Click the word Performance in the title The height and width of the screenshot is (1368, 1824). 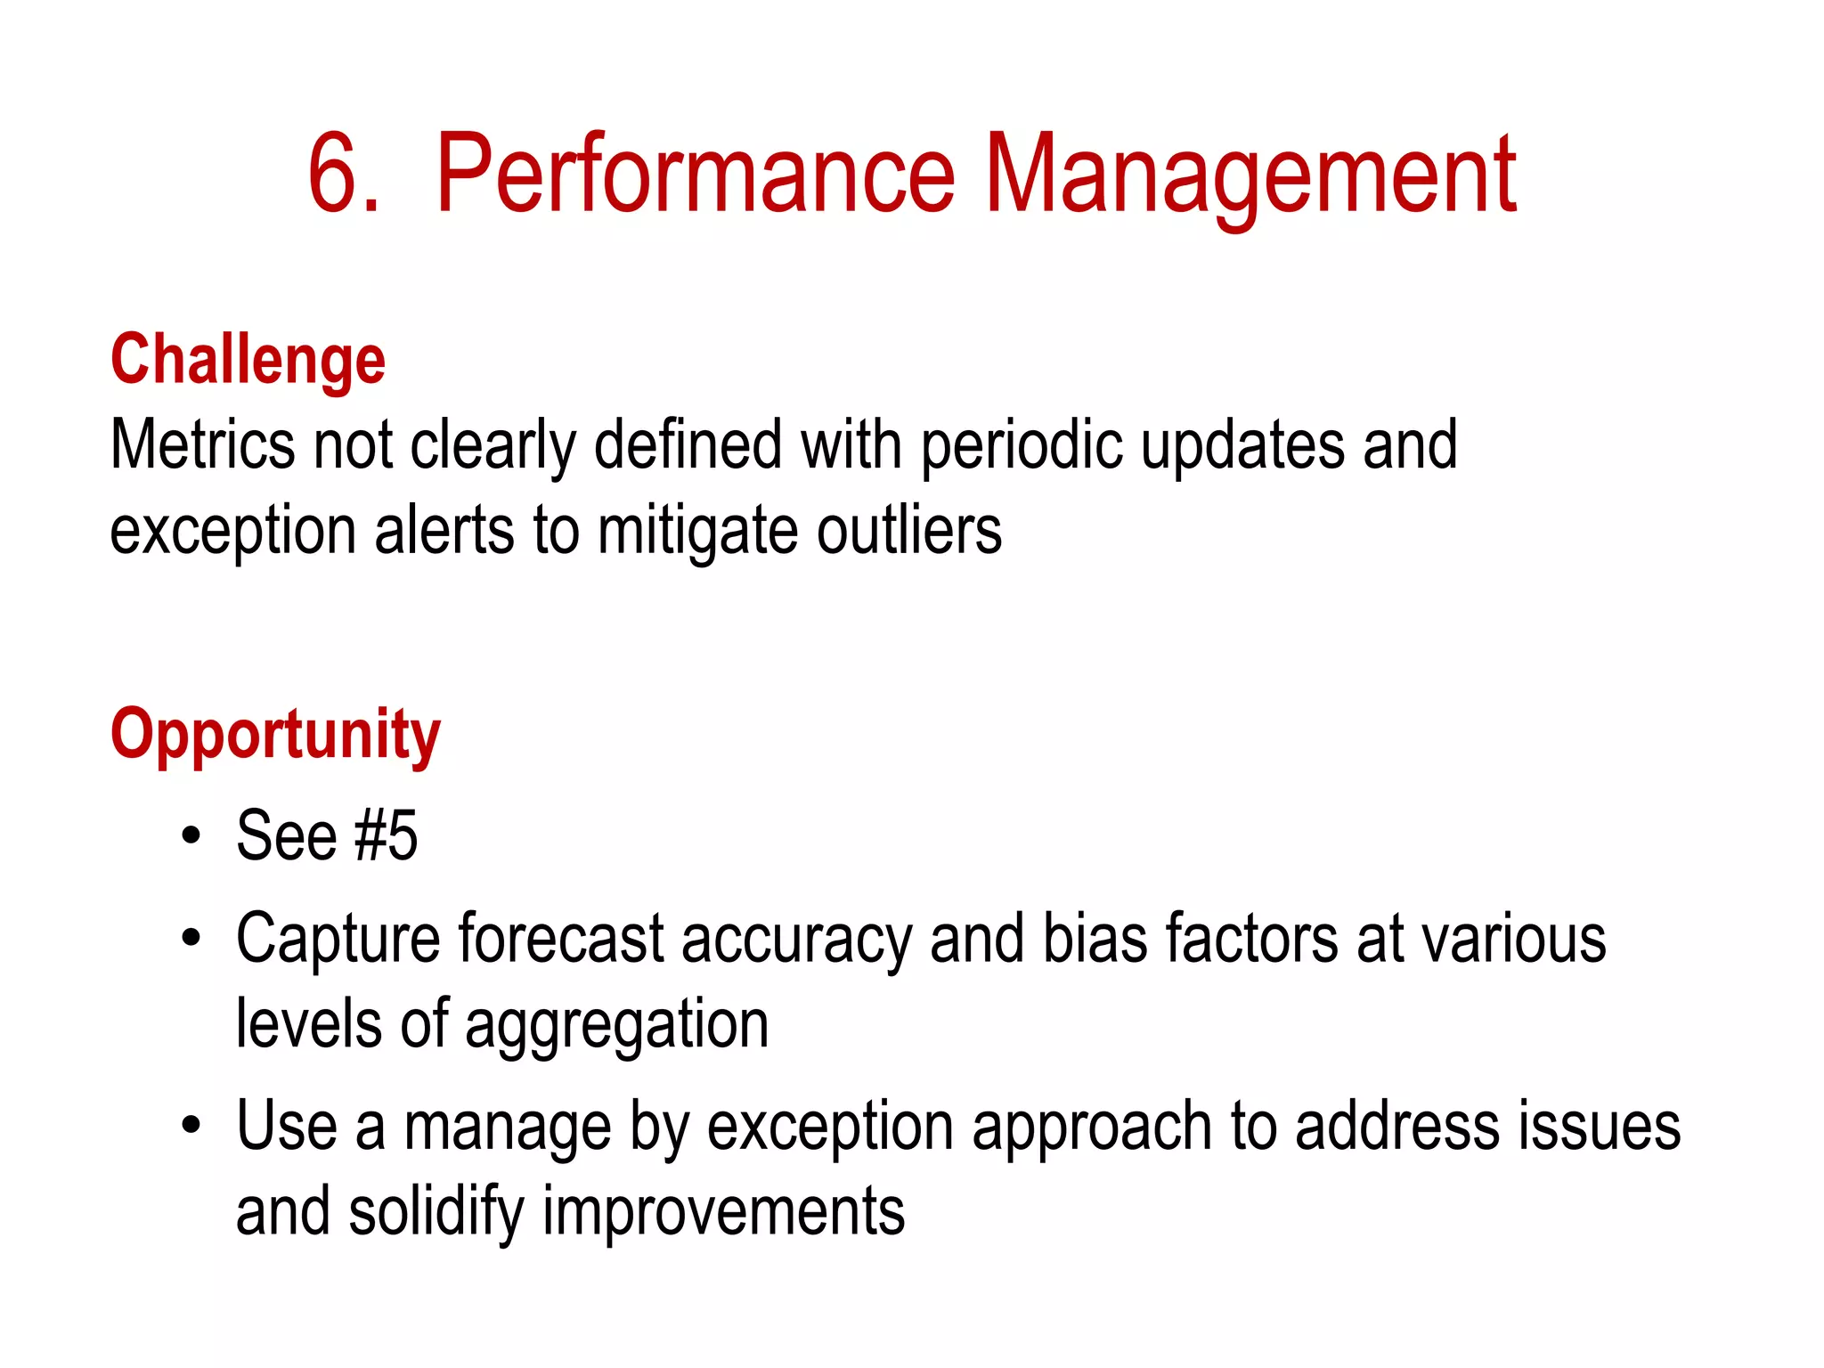pyautogui.click(x=696, y=174)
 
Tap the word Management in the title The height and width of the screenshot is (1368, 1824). pyautogui.click(x=1250, y=174)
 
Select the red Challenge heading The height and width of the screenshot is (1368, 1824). pyautogui.click(x=248, y=360)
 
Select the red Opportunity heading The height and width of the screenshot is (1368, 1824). pyautogui.click(x=275, y=736)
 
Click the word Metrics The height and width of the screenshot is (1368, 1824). pyautogui.click(x=201, y=444)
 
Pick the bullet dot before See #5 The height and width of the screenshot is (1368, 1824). pyautogui.click(x=191, y=837)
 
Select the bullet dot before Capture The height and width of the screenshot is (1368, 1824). pyautogui.click(x=191, y=939)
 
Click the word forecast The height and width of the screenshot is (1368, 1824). pyautogui.click(x=561, y=939)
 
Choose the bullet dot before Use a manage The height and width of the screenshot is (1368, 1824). pyautogui.click(x=191, y=1126)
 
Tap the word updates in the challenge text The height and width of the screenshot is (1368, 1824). pyautogui.click(x=1242, y=444)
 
